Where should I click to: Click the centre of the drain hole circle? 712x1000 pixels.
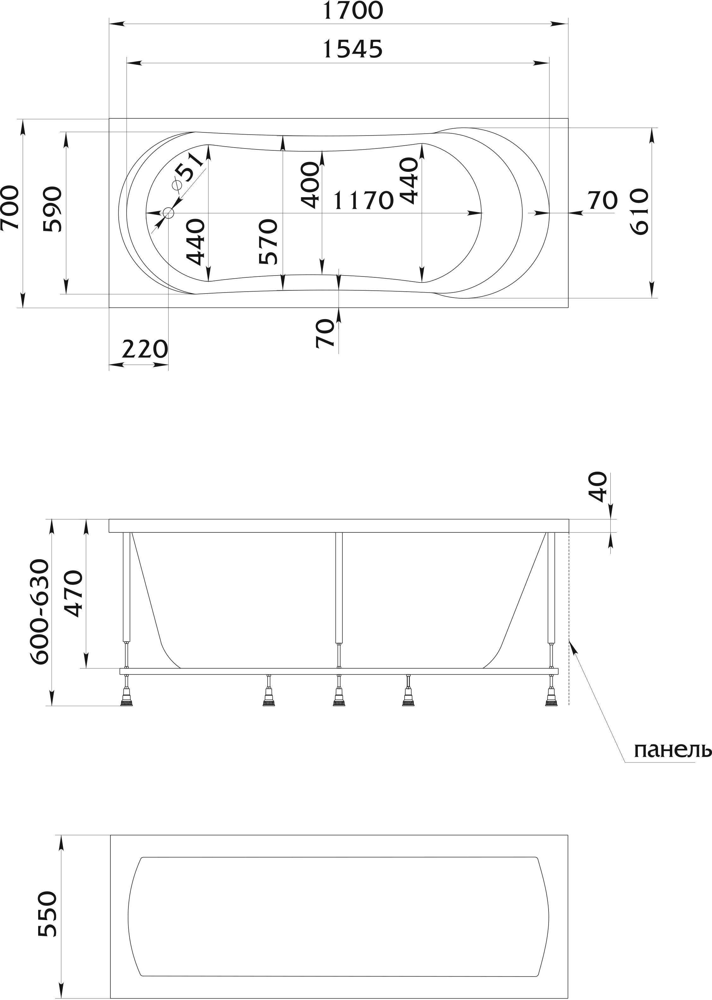point(168,213)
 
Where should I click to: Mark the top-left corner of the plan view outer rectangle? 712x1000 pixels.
point(109,118)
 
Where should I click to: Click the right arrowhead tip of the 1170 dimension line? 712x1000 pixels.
point(482,213)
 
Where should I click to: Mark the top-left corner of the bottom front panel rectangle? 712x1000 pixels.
point(110,835)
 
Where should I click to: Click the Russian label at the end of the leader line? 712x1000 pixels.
point(672,750)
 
